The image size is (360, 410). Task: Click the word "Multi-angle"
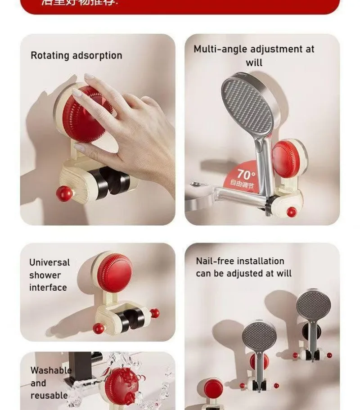coord(220,49)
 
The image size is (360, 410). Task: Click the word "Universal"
coord(49,262)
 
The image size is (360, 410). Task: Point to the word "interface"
coord(48,288)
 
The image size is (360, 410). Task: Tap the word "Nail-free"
coord(215,261)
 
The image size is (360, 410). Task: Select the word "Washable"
coord(51,370)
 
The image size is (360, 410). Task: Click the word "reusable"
coord(49,396)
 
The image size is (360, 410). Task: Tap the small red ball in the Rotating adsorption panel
coord(64,194)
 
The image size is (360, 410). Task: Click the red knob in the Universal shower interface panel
coord(115,272)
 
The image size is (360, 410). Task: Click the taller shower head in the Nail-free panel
coord(313,306)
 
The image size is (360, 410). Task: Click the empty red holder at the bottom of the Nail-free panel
coord(213,388)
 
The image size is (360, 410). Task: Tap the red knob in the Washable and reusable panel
coord(119,385)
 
